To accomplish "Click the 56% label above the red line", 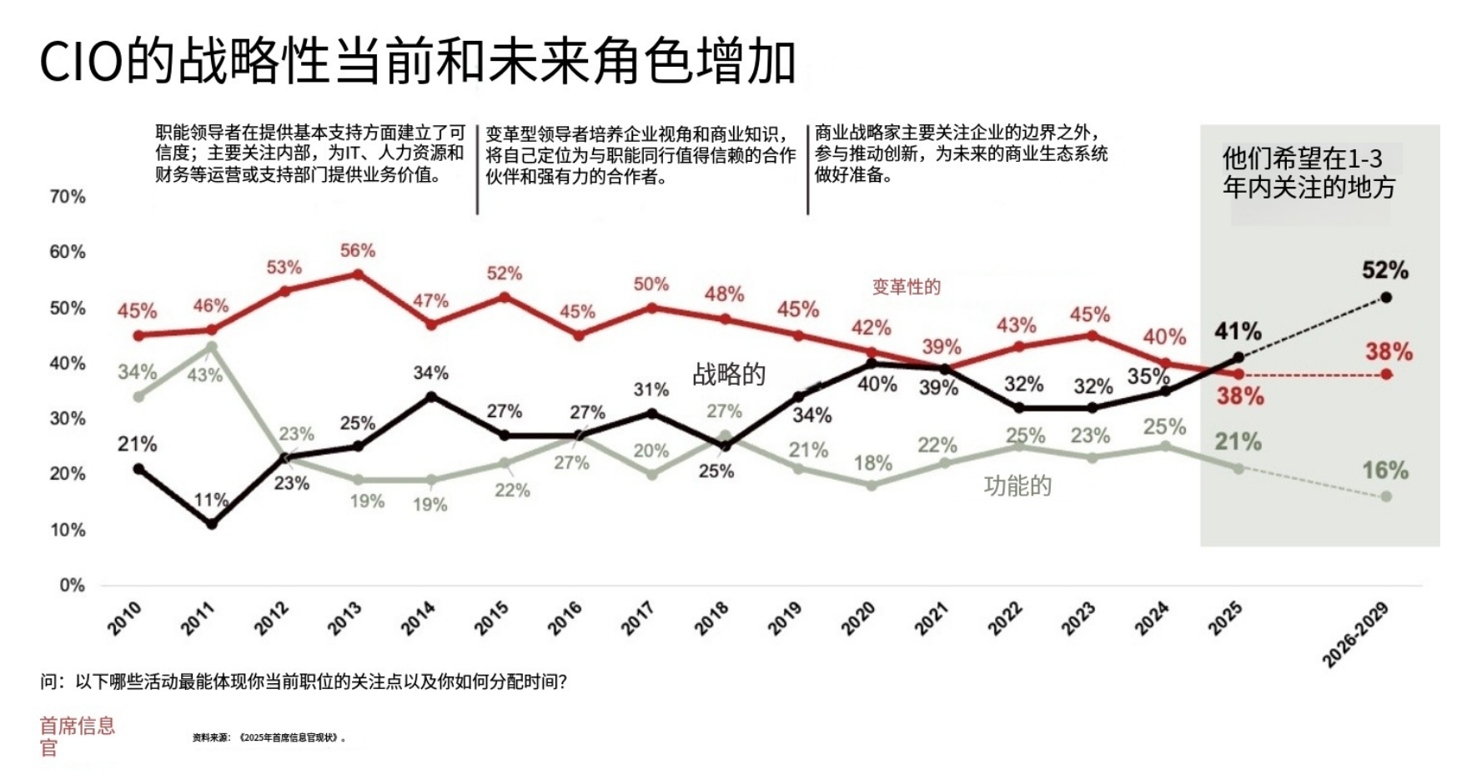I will click(357, 250).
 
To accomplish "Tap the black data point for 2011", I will click(212, 524).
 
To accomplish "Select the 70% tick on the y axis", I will click(68, 197).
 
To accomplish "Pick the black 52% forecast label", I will click(1384, 270).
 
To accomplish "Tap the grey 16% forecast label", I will click(1384, 471).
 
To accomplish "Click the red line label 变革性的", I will click(906, 287).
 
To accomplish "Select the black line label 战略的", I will click(729, 374).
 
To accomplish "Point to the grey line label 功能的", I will click(1017, 486).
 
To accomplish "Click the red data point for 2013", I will click(358, 274).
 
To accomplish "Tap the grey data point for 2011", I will click(212, 346).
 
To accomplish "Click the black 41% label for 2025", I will click(1238, 331).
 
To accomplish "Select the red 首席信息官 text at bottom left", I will click(77, 736).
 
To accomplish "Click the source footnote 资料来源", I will click(269, 737).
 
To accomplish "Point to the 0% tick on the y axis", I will click(72, 585).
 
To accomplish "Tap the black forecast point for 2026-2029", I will click(1386, 297).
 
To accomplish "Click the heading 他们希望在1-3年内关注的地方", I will click(1308, 173).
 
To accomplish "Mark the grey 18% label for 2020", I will click(872, 463).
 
